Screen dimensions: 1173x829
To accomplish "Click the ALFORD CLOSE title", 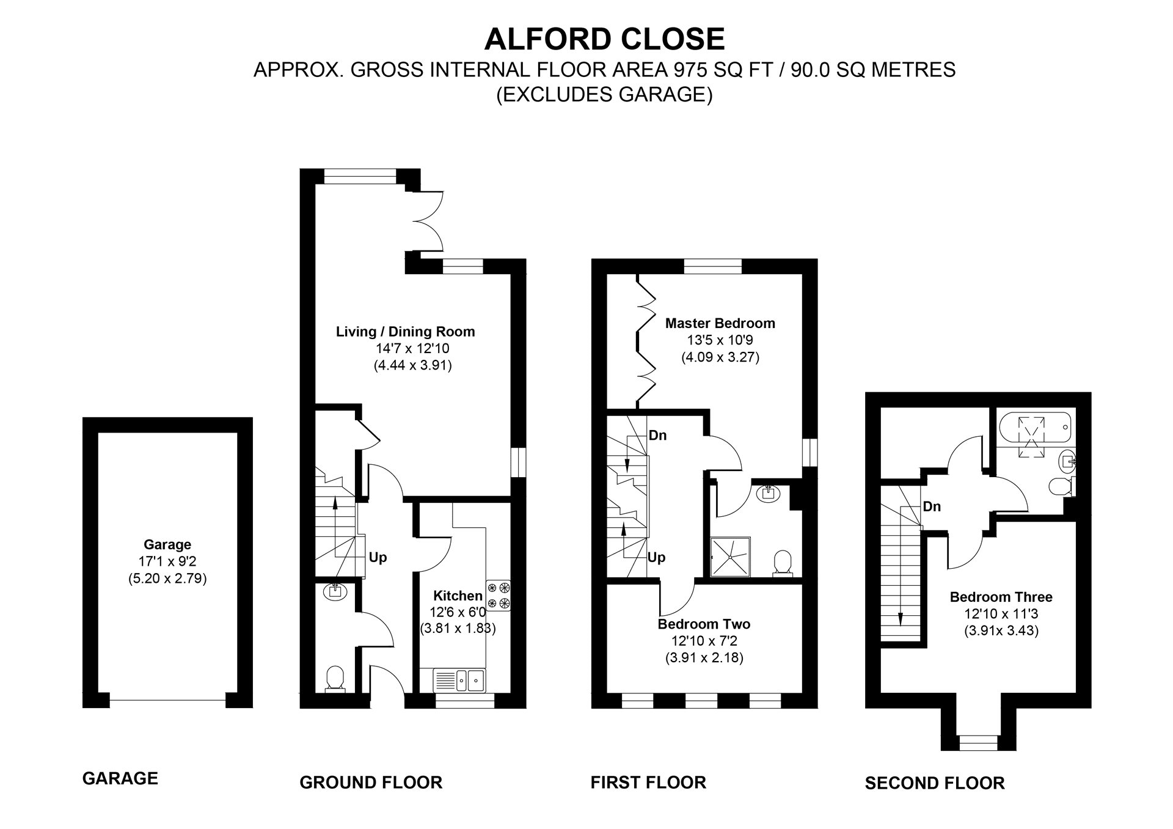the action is [x=604, y=39].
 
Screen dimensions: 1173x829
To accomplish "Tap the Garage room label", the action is [x=167, y=544].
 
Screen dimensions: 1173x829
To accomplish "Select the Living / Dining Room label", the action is [x=405, y=332].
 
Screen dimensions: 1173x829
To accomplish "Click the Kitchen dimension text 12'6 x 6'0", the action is [x=458, y=612].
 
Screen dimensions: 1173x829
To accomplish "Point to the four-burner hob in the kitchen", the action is [x=499, y=596].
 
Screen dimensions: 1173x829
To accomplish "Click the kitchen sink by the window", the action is [x=459, y=679].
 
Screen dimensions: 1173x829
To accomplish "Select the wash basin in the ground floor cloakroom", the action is [x=335, y=591].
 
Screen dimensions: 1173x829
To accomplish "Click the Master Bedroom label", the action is [x=720, y=323].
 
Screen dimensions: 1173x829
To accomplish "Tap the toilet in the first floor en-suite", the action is [x=782, y=562].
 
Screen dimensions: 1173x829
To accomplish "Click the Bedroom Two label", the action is [x=704, y=624].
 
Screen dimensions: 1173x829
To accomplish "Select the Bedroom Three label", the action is [x=1001, y=597].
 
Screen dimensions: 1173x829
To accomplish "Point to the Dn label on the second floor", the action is [x=932, y=506].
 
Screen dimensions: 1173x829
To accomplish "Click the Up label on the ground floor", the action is [x=378, y=557].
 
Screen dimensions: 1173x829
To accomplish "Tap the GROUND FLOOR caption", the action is [x=371, y=782].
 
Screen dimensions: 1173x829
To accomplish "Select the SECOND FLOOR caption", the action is [x=934, y=783].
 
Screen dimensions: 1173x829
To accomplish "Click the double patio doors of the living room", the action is [x=426, y=221].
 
